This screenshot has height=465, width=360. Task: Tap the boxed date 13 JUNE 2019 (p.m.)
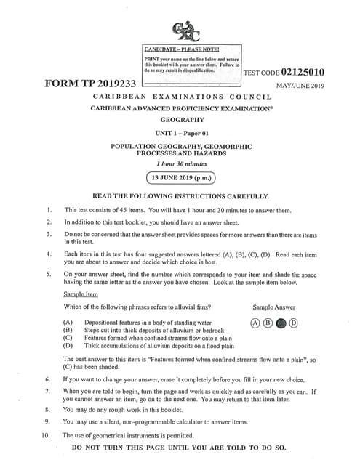coord(180,177)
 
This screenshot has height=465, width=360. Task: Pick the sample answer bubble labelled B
coord(268,322)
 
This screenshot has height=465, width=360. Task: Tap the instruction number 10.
coord(47,434)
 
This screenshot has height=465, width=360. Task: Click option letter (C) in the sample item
coord(68,337)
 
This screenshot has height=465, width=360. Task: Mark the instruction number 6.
coord(48,379)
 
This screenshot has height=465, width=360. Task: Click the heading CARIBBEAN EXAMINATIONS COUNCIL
coord(180,96)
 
